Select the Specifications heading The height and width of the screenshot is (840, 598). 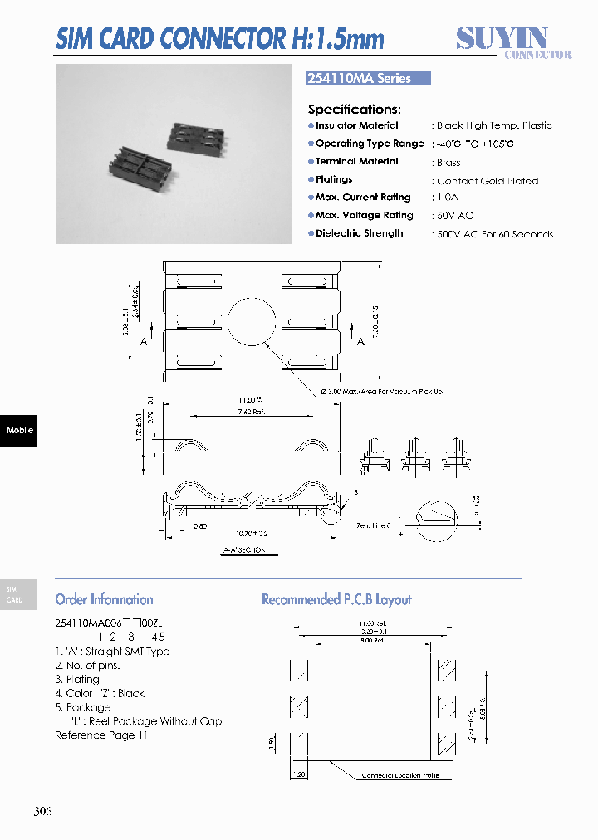(x=354, y=110)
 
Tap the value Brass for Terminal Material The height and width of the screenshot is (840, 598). (x=448, y=163)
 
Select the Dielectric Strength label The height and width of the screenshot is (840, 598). (x=359, y=234)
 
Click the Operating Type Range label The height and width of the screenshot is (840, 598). (x=370, y=144)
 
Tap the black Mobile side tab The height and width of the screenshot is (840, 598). (x=18, y=430)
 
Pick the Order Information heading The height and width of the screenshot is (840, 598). (x=104, y=599)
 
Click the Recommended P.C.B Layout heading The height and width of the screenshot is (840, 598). (x=336, y=599)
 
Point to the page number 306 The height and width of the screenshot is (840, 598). (x=43, y=811)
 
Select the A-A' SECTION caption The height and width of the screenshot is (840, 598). (x=244, y=551)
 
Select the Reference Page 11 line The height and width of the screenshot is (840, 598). (x=100, y=735)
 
